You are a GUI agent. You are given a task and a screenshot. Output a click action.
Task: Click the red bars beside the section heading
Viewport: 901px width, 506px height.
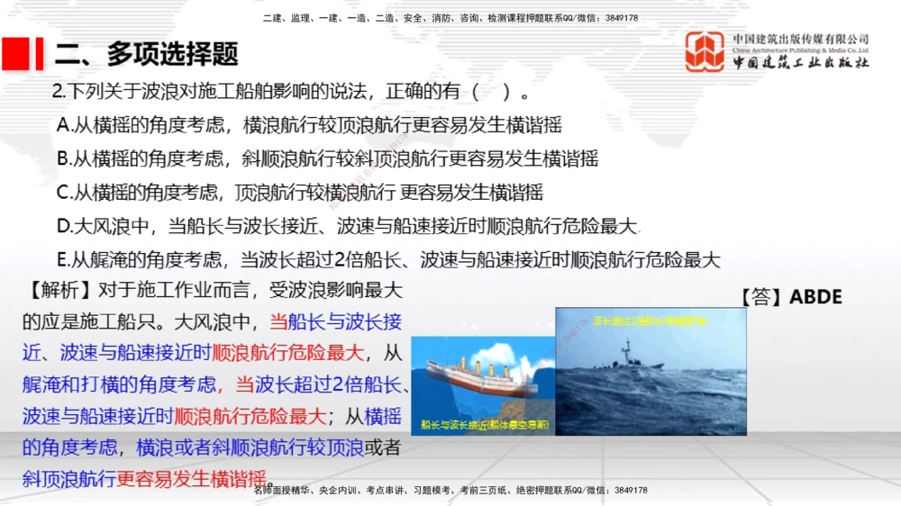pos(22,54)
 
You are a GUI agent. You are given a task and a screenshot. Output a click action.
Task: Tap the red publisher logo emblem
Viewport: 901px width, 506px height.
pos(705,51)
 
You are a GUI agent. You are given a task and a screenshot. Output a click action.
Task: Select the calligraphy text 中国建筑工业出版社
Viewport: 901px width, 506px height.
pos(801,63)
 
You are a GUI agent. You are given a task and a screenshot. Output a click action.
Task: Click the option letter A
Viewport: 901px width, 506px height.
pos(63,125)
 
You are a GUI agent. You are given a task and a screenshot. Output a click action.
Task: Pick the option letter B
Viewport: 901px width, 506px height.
pos(63,158)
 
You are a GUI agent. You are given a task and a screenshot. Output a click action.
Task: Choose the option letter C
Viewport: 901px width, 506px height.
pos(63,192)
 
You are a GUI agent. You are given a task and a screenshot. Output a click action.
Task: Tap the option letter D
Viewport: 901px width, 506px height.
pos(63,226)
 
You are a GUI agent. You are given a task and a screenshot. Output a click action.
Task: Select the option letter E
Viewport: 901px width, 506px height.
pos(63,260)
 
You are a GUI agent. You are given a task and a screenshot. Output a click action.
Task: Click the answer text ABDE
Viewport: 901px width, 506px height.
pos(815,297)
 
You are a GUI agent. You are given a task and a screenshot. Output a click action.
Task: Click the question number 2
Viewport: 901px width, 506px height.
pos(57,92)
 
